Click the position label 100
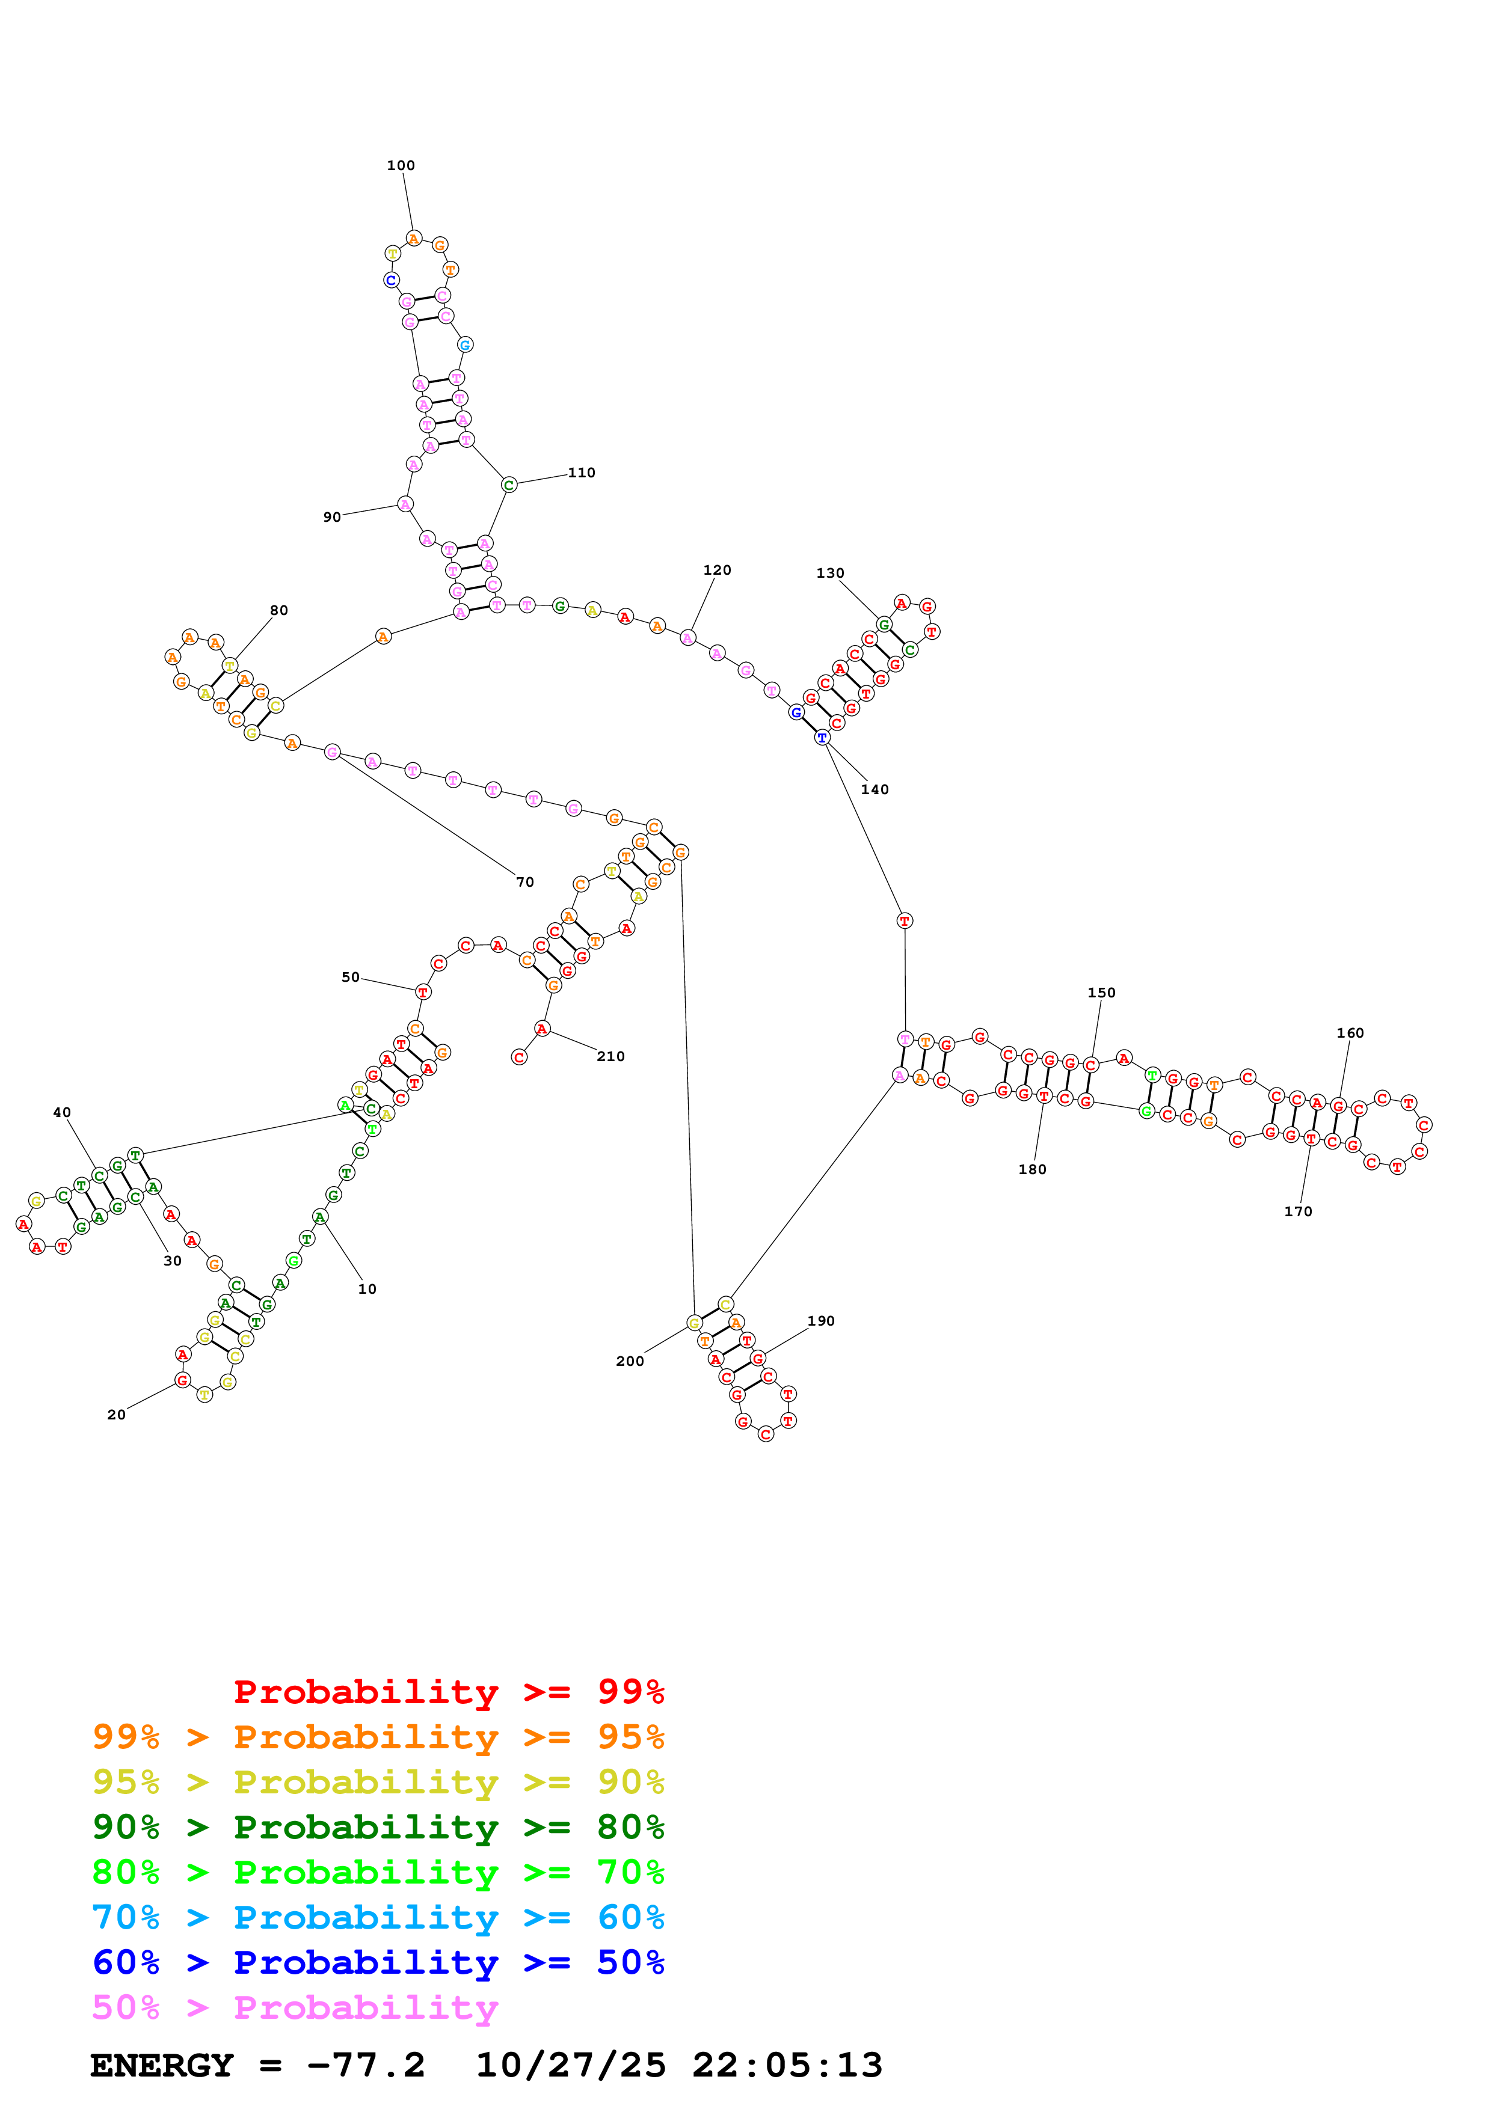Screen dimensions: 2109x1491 pos(401,165)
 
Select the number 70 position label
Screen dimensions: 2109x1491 pos(524,882)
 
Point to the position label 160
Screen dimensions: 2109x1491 pos(1350,1032)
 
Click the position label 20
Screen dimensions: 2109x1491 pos(117,1415)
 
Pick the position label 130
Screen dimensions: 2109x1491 pos(829,573)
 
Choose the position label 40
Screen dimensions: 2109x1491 pos(61,1112)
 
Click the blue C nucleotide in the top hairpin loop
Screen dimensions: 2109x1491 pos(392,280)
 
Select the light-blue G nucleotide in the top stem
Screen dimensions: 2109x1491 pos(465,344)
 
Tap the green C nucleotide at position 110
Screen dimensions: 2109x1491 pos(509,485)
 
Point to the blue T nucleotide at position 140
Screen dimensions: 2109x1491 pos(822,738)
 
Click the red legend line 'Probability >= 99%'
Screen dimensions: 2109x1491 pos(448,1692)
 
